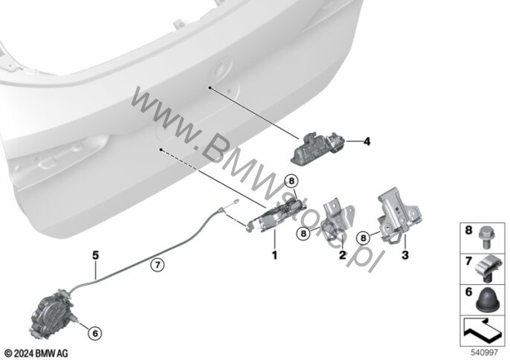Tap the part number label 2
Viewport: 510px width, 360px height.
coord(343,255)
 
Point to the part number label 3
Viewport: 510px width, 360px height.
coord(406,255)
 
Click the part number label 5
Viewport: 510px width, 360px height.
coord(95,254)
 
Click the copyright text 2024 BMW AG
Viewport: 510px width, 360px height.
coord(35,350)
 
